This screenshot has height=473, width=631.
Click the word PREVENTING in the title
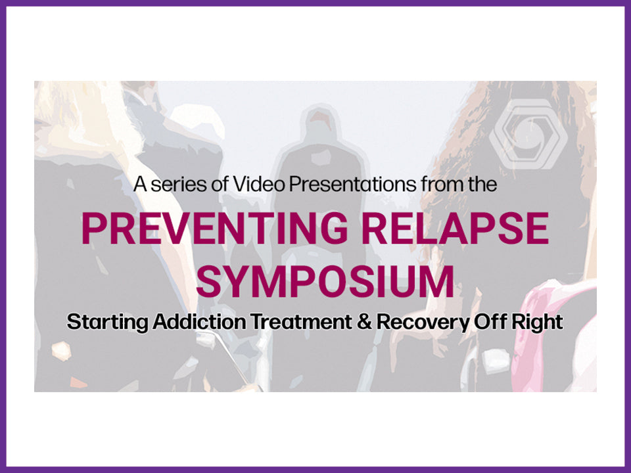coord(215,228)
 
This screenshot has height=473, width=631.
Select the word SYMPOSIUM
coord(325,281)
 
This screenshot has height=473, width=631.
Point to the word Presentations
coord(353,184)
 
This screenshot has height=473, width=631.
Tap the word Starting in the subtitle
coord(107,323)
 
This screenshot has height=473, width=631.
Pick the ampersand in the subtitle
coord(364,322)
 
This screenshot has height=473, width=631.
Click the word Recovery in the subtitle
coord(423,323)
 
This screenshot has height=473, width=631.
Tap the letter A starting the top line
coord(140,185)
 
